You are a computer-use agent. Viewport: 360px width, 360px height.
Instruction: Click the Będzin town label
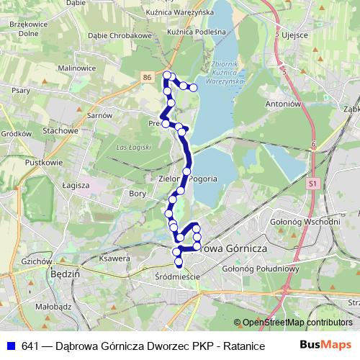point(62,274)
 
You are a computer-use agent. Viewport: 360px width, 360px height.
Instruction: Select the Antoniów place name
point(282,103)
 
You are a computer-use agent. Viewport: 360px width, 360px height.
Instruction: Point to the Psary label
point(21,91)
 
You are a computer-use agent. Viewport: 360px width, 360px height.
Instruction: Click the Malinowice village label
point(77,68)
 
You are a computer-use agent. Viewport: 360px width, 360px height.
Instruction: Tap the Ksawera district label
point(114,258)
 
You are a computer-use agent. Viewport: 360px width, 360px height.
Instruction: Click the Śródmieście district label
point(177,276)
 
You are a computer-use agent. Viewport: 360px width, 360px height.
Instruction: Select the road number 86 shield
point(147,76)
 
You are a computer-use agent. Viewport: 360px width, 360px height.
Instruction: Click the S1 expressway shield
point(312,184)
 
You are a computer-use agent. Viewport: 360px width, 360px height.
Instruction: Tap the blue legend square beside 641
point(10,346)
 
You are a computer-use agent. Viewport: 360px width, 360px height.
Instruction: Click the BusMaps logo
point(326,345)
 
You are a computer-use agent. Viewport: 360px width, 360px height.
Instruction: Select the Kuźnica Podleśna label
point(196,32)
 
